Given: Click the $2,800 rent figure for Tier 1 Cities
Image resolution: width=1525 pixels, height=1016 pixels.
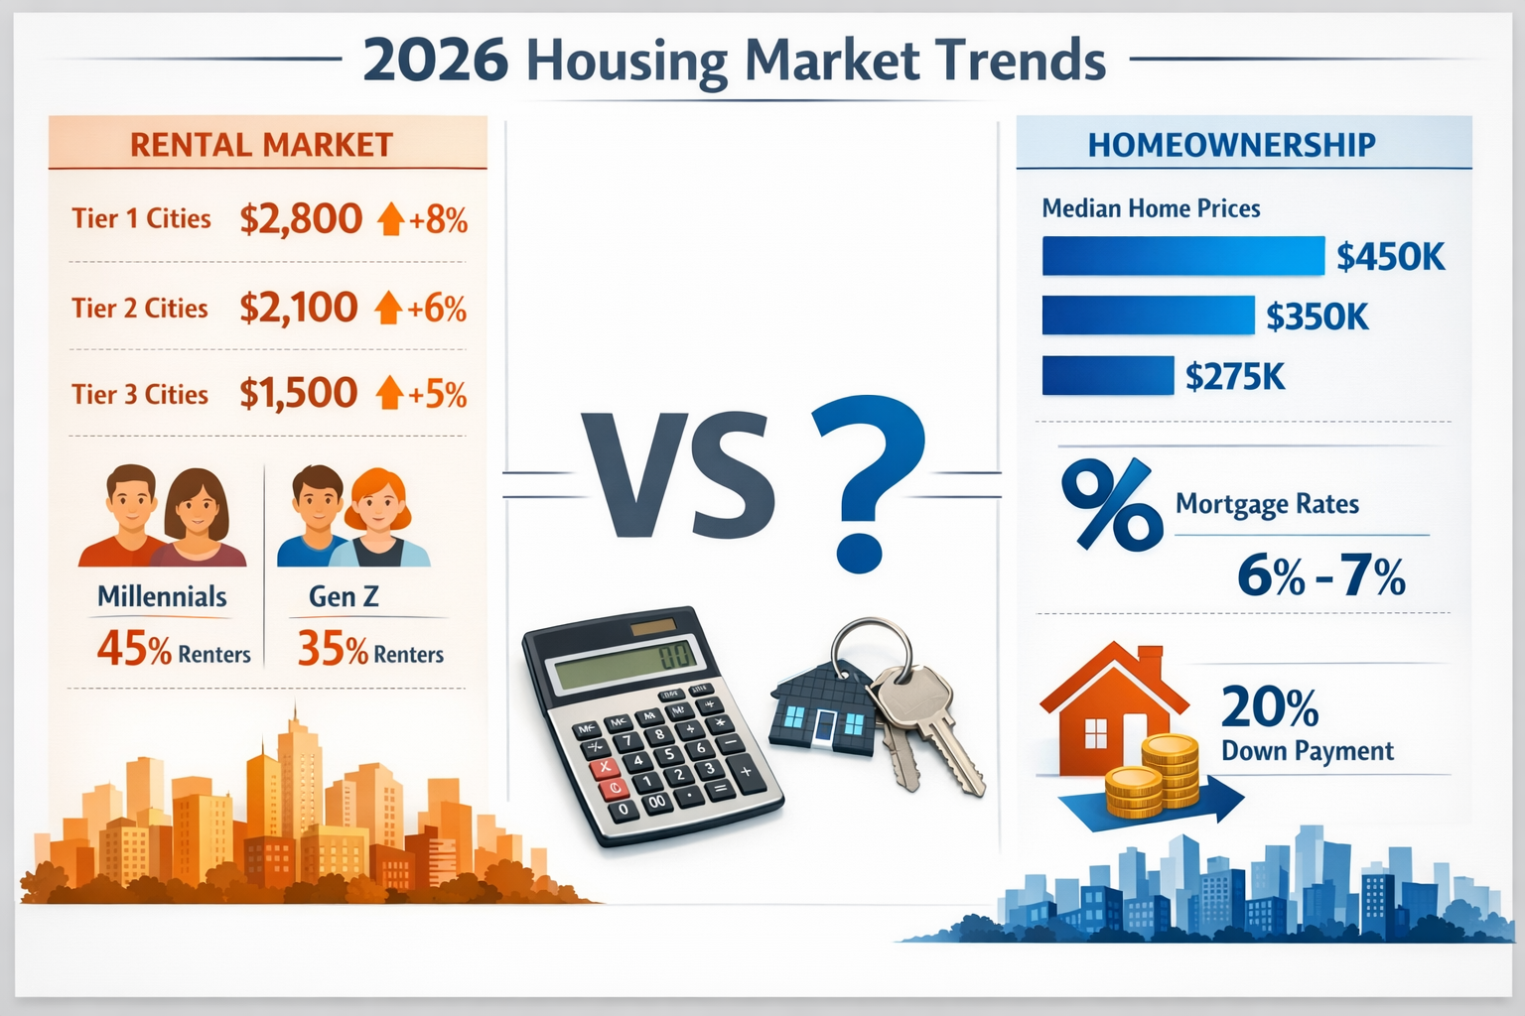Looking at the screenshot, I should click(301, 219).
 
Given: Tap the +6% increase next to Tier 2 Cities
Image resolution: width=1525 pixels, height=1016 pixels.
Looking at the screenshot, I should click(436, 310).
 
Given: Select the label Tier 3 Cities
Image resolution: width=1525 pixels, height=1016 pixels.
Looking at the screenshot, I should click(140, 395).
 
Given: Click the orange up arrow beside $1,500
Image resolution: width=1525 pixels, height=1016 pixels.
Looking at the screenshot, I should click(389, 394).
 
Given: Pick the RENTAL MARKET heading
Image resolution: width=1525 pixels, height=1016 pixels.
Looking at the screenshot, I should click(261, 145).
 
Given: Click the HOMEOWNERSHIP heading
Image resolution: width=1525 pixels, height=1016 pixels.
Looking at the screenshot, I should click(1231, 145).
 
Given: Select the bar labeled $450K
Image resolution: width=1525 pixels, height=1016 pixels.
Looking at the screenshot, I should click(1181, 256).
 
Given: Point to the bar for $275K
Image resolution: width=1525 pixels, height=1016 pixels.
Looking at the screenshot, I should click(1107, 376).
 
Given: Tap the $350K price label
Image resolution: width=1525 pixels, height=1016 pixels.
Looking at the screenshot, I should click(1317, 317).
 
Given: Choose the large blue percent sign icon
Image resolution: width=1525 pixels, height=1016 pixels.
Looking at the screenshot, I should click(1111, 504).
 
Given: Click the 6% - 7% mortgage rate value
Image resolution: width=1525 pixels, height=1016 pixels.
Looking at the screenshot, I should click(1320, 575).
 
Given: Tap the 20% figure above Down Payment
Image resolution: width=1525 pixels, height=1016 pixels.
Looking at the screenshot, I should click(1269, 707).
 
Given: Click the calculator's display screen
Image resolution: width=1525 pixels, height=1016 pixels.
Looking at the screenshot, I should click(624, 661).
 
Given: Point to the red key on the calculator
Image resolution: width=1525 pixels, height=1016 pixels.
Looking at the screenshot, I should click(603, 767).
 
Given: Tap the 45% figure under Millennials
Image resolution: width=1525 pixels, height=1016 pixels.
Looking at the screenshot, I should click(134, 650).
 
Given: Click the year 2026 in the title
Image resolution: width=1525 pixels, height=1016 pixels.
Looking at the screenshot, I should click(435, 61).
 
